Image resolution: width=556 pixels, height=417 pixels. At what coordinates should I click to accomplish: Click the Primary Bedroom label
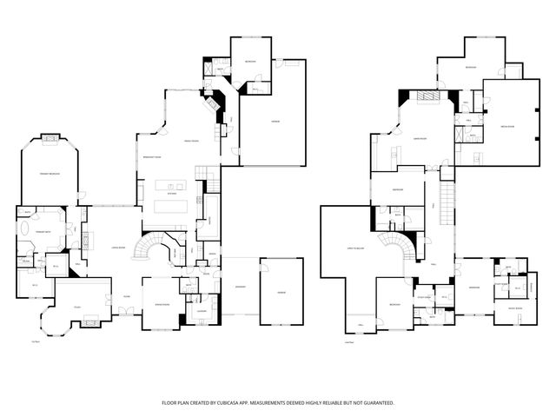click(x=49, y=174)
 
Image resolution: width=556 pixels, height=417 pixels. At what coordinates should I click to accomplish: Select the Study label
click(x=77, y=307)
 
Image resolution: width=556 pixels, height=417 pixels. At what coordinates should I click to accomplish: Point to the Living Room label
click(x=112, y=248)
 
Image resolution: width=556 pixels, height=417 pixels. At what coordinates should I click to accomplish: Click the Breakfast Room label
click(x=149, y=156)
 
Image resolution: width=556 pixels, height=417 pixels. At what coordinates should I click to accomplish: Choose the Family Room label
click(x=192, y=141)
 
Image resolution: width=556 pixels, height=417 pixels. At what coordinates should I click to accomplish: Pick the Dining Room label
click(x=162, y=305)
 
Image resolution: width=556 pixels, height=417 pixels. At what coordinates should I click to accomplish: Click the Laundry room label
click(x=201, y=310)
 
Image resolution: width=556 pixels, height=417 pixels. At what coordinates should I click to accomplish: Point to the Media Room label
click(x=506, y=127)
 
